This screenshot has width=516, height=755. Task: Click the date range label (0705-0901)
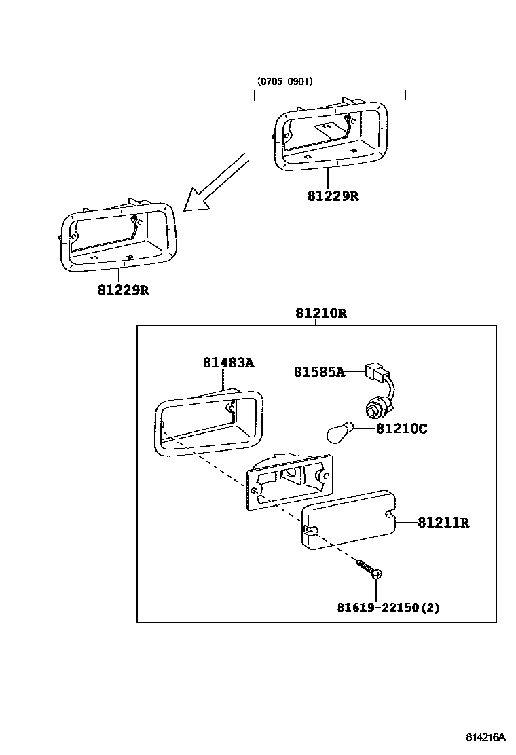tap(284, 82)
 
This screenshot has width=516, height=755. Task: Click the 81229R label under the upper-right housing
tap(333, 196)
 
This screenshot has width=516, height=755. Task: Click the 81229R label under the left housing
tap(123, 290)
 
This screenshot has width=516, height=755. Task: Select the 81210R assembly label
tap(321, 314)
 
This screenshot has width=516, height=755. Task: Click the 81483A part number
tap(228, 363)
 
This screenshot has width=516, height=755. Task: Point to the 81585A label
tap(319, 371)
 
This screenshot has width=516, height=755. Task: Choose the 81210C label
tap(402, 429)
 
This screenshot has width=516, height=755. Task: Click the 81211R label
tap(443, 523)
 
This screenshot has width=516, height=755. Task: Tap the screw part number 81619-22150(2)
tap(388, 608)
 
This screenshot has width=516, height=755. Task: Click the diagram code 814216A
tap(485, 737)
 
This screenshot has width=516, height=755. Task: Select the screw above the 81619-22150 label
tap(371, 569)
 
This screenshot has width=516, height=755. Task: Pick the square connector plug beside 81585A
tap(375, 372)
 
